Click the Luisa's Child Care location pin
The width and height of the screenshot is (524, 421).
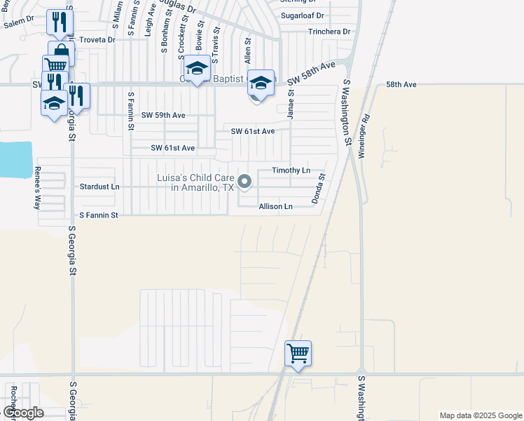[244, 182]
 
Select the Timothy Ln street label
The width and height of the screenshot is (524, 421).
[291, 171]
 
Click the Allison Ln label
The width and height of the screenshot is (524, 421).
[275, 206]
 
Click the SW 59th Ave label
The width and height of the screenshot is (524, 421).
[163, 114]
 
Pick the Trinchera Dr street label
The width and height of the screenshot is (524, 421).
[329, 32]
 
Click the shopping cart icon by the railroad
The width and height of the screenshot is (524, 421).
[298, 352]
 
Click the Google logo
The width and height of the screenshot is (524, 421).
[23, 413]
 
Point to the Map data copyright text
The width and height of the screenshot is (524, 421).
[480, 415]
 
